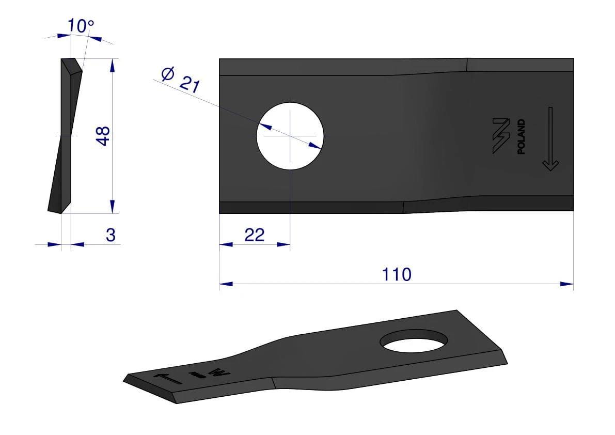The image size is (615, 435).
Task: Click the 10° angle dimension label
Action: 81,26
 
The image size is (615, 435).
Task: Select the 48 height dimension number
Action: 103,136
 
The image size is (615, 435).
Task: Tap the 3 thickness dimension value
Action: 111,235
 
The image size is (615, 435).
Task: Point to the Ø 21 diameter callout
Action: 181,80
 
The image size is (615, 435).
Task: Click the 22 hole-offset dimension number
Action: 255,235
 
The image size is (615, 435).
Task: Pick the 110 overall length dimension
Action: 397,274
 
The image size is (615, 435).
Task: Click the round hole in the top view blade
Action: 290,136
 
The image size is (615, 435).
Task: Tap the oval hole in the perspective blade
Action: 414,340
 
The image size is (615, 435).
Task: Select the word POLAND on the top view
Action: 521,137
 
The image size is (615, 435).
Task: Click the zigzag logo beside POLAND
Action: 501,136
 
